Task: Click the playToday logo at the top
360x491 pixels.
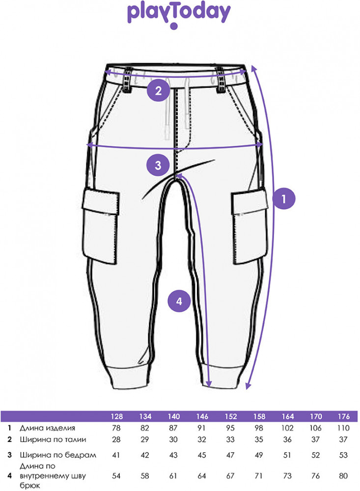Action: tap(179, 15)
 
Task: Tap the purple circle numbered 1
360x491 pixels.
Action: tap(284, 198)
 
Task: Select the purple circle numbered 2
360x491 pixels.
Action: tap(158, 90)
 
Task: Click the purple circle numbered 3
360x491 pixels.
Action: tap(158, 164)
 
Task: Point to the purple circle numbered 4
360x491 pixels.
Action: tap(179, 301)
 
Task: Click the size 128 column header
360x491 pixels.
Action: tap(116, 416)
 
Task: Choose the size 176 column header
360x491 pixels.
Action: tap(344, 416)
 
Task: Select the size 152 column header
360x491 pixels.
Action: tap(231, 416)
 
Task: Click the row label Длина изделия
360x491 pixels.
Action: tap(48, 428)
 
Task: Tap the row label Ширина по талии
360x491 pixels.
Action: tap(53, 439)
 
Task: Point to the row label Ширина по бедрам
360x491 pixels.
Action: tap(58, 455)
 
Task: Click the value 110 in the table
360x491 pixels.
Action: tap(343, 428)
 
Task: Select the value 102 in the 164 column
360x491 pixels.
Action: tap(287, 428)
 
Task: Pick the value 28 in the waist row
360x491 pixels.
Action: tap(116, 439)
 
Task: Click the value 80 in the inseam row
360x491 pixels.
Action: tap(343, 476)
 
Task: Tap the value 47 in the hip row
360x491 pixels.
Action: tap(230, 455)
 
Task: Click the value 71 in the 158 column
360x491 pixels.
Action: tap(259, 476)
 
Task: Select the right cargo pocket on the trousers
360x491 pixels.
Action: tap(249, 227)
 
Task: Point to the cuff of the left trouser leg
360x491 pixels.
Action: tap(129, 377)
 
